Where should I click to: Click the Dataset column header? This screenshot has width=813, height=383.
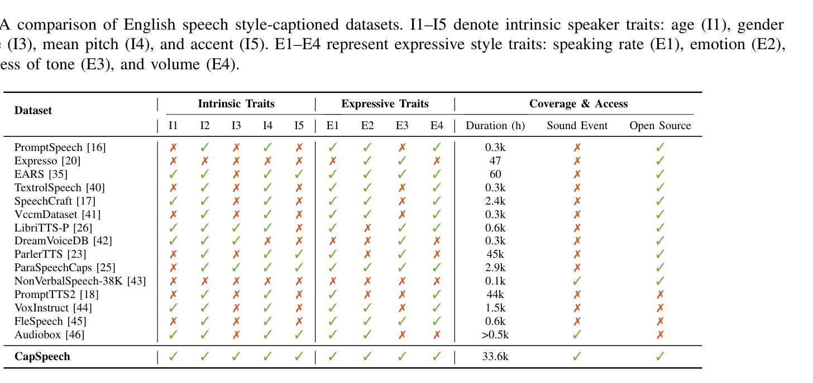coord(33,110)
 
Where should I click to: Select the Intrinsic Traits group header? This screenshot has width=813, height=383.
coord(236,104)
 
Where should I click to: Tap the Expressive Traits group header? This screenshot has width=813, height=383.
coord(385,104)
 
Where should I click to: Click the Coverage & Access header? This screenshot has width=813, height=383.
coord(578,104)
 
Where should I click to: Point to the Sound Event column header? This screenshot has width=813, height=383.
coord(577,126)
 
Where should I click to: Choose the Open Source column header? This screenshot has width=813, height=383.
coord(660,126)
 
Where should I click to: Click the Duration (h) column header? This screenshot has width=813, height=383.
coord(495,126)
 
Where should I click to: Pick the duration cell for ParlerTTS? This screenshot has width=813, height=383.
coord(495,254)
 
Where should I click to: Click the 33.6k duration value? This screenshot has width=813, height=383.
coord(495,357)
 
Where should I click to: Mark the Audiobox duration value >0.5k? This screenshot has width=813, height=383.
coord(495,335)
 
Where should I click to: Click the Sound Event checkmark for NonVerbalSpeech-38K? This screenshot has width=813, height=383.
coord(577,281)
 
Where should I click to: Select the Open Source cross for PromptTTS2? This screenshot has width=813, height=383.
coord(660,295)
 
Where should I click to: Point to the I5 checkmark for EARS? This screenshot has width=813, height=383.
coord(299,174)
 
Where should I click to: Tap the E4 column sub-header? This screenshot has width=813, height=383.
coord(437,126)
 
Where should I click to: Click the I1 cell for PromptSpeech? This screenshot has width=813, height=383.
coord(173,148)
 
